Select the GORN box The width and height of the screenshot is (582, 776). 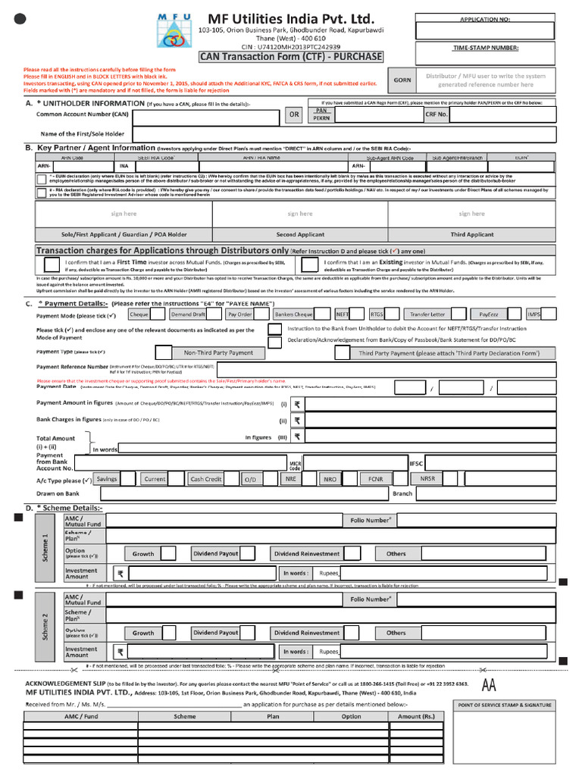click(401, 80)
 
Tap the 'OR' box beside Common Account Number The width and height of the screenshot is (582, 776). click(293, 115)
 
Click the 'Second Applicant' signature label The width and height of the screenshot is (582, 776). click(300, 235)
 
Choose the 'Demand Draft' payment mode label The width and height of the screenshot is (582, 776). click(187, 314)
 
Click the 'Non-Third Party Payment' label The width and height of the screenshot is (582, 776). click(218, 353)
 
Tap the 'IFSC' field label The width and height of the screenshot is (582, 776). click(416, 462)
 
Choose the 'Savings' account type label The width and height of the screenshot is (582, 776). click(107, 479)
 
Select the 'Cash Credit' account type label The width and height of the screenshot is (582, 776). click(205, 479)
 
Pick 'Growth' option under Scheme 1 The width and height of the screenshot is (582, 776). click(143, 554)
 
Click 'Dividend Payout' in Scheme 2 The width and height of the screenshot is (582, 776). click(216, 632)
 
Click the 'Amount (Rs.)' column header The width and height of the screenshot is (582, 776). click(417, 716)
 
